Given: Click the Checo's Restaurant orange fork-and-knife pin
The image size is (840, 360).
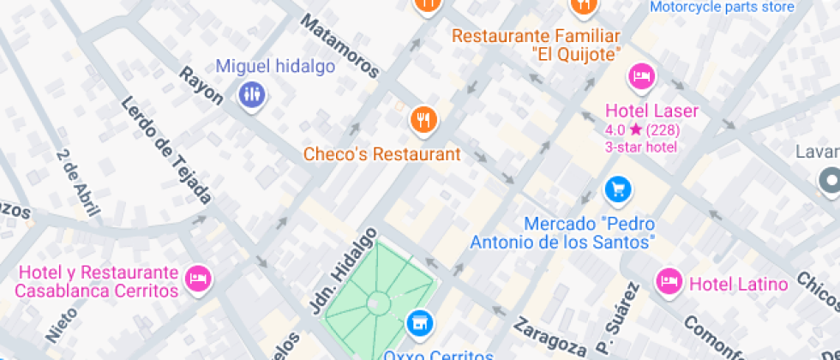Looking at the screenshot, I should (423, 121).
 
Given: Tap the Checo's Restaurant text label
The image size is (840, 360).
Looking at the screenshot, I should (382, 154).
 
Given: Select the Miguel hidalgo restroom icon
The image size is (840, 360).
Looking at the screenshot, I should (251, 94).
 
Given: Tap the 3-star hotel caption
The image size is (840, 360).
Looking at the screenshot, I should (641, 147).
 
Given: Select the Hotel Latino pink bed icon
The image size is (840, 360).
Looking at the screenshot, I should (668, 280).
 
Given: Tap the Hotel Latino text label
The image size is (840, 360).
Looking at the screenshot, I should (738, 284).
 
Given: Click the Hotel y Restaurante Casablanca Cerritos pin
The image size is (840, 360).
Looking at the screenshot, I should (200, 278).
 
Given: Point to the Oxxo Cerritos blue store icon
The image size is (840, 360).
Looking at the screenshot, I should (419, 323).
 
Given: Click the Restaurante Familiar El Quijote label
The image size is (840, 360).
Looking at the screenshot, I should (535, 45).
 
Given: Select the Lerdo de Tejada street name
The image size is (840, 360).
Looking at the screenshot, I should (165, 150).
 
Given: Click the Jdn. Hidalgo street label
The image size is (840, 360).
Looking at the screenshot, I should (344, 270).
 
